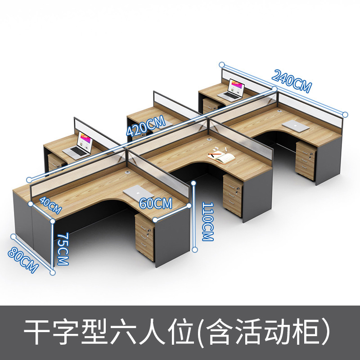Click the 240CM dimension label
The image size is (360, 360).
click(292, 81)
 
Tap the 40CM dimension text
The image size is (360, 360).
click(50, 205)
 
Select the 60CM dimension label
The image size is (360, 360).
click(156, 203)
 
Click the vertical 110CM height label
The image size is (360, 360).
click(207, 221)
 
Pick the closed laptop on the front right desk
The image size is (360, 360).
click(296, 126)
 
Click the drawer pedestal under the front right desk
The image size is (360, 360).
click(306, 160)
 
